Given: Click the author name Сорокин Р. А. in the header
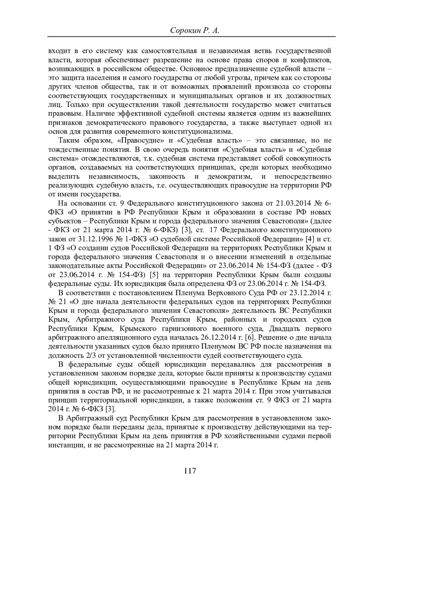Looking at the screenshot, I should pos(194,31).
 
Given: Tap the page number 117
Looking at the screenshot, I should pos(190,471).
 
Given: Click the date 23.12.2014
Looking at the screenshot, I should pos(308,293).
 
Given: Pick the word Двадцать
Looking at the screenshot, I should pos(284,329).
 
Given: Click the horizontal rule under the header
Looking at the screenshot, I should pos(191,37).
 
